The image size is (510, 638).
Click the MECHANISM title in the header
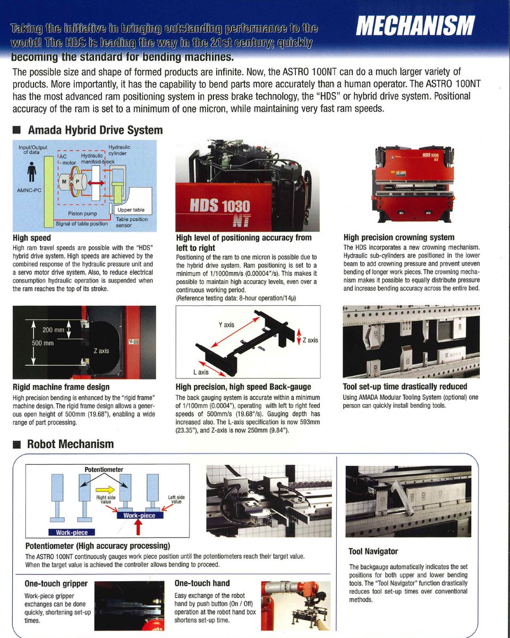click(x=415, y=24)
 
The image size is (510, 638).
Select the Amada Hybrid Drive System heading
click(x=95, y=130)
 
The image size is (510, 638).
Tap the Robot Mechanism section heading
click(x=70, y=444)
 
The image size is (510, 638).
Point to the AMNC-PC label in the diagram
click(x=30, y=189)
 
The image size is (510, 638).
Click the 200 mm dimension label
click(x=53, y=331)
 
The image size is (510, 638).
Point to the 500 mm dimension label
click(x=43, y=343)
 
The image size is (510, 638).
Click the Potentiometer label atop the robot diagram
click(x=104, y=470)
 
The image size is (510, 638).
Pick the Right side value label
click(x=106, y=500)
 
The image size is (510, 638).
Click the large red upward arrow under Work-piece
click(x=139, y=528)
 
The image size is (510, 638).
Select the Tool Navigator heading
click(x=373, y=551)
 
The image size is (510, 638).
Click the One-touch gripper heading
click(x=56, y=583)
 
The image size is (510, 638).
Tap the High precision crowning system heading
click(x=398, y=238)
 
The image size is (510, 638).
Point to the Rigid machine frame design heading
click(x=61, y=387)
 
